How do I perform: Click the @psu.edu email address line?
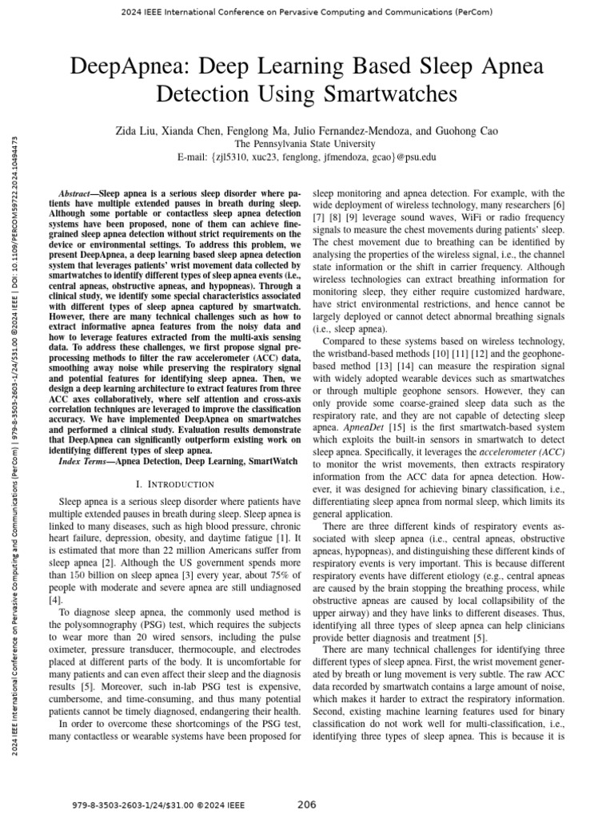click(x=307, y=157)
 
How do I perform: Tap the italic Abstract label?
click(x=78, y=194)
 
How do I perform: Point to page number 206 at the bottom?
click(x=307, y=804)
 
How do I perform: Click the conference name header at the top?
click(x=307, y=12)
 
